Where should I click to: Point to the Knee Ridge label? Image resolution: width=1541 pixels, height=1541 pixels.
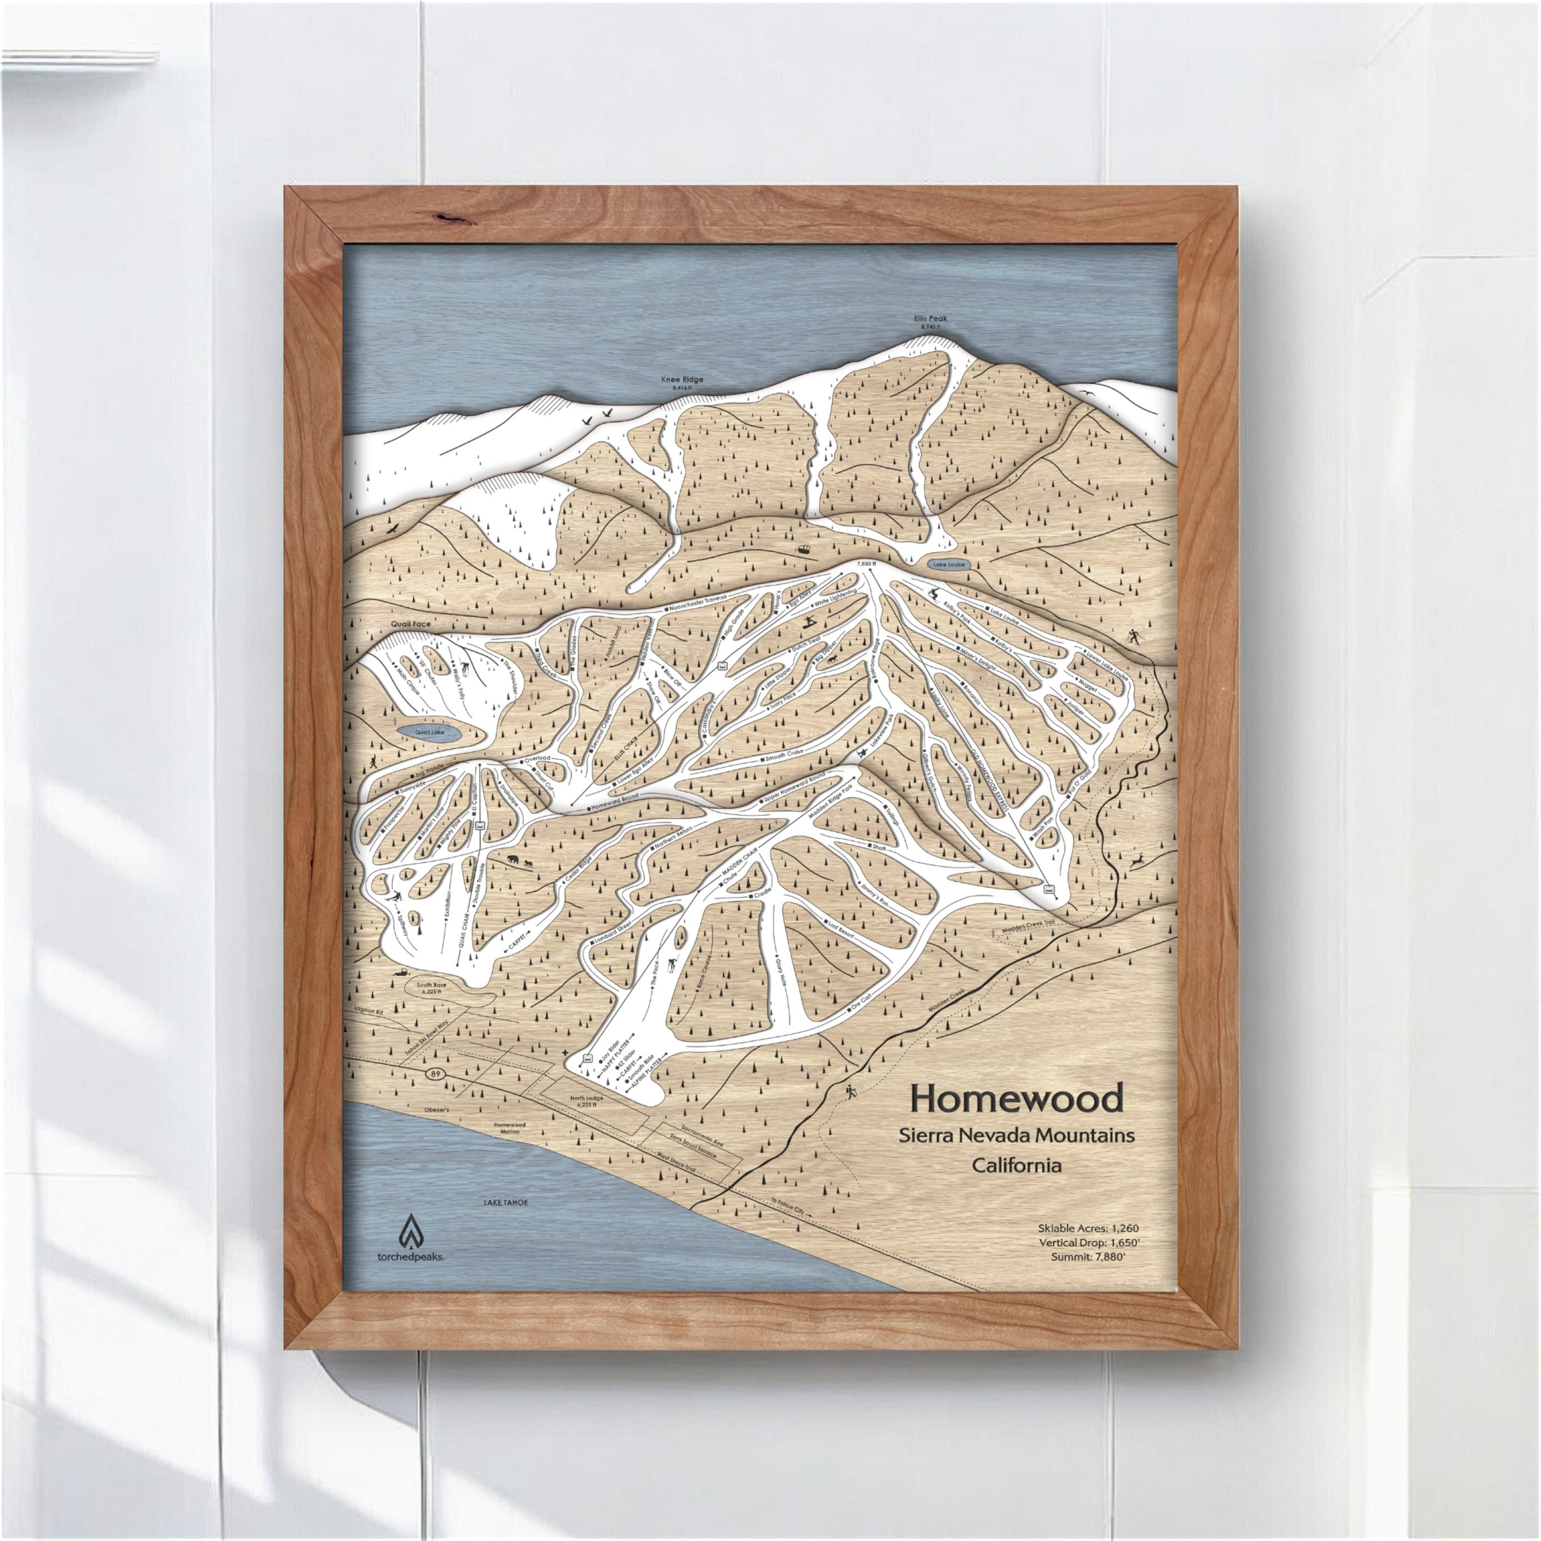tap(682, 380)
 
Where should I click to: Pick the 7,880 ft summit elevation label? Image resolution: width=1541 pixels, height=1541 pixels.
tap(865, 563)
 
